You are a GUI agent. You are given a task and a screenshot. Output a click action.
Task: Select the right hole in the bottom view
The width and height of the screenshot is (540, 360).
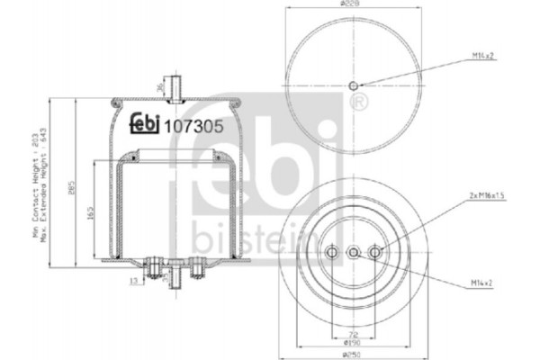point(375,253)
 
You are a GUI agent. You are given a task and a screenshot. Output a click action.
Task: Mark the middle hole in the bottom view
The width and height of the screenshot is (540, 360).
point(354,253)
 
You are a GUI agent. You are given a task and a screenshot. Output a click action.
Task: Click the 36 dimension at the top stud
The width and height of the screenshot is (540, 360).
point(159,88)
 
